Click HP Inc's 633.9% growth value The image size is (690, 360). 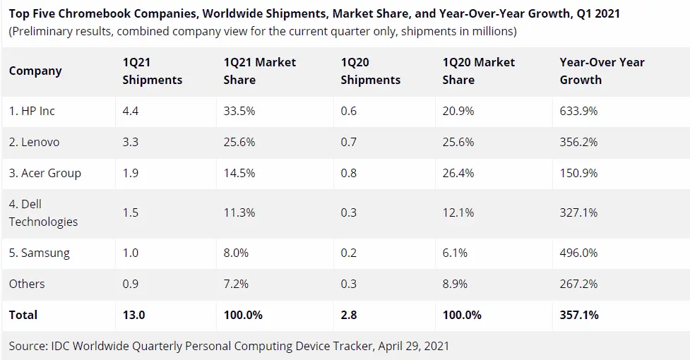(x=578, y=111)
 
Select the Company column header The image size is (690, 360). (x=35, y=71)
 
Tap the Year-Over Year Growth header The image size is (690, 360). (x=602, y=71)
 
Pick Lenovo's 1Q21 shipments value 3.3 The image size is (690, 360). (x=130, y=142)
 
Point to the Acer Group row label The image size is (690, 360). (x=45, y=173)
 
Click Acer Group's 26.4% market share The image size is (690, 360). (x=458, y=173)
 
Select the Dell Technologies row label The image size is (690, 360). (x=43, y=212)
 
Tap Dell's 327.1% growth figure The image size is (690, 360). (x=578, y=212)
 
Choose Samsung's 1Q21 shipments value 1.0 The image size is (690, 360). (x=130, y=253)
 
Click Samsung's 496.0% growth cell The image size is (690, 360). (x=578, y=253)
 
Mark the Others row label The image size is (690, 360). (x=27, y=284)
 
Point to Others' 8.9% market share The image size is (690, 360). (x=455, y=284)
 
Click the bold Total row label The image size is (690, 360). (x=23, y=315)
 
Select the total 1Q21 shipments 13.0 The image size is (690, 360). (x=133, y=315)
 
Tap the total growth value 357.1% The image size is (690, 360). (x=579, y=315)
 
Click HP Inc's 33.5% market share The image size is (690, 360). (x=239, y=111)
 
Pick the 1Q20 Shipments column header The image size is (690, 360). (x=371, y=71)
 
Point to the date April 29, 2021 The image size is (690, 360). (x=414, y=347)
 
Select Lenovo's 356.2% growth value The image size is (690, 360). (x=578, y=142)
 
